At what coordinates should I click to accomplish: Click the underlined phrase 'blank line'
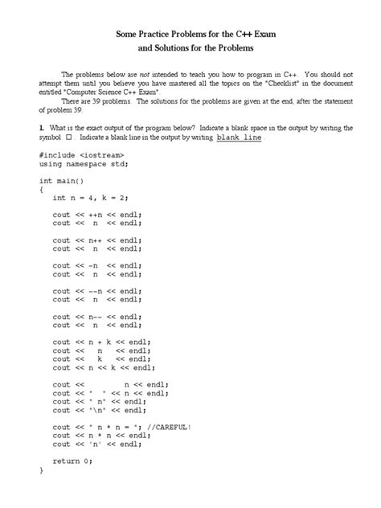240,137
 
